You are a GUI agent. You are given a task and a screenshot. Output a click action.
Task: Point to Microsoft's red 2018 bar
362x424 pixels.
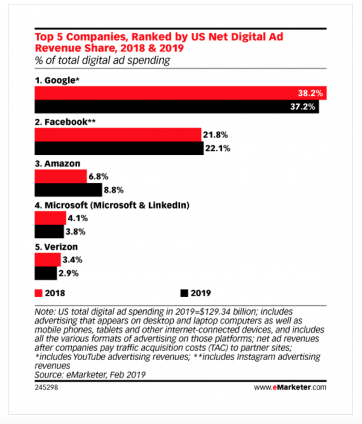[x=48, y=218]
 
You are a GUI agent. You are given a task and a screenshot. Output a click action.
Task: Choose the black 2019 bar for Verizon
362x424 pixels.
[x=46, y=273]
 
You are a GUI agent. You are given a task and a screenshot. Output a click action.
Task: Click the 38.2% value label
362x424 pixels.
[x=311, y=94]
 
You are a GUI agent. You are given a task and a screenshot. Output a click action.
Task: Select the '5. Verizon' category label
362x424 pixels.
[x=56, y=246]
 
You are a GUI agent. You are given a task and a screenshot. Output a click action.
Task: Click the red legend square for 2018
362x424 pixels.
[x=37, y=294]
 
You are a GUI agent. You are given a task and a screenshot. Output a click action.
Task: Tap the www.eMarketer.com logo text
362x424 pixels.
[x=290, y=387]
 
